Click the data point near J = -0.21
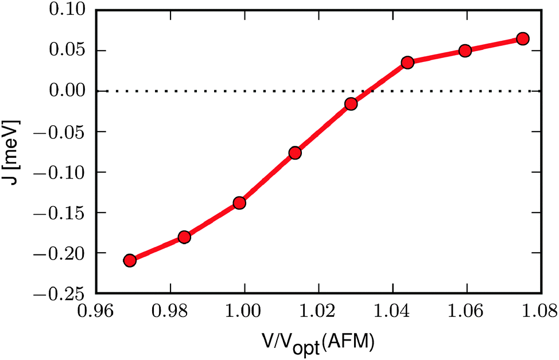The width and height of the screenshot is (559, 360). click(x=130, y=260)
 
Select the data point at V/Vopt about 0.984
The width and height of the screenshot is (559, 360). click(x=184, y=237)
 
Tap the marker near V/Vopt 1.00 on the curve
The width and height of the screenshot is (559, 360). click(x=239, y=203)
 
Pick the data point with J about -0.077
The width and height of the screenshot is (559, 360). click(x=295, y=153)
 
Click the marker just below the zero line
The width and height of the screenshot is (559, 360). click(x=351, y=104)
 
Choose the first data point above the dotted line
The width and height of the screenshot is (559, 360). click(x=407, y=63)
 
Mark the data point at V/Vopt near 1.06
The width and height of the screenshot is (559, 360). click(x=465, y=51)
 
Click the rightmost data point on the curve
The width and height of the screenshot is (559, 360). click(x=522, y=38)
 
